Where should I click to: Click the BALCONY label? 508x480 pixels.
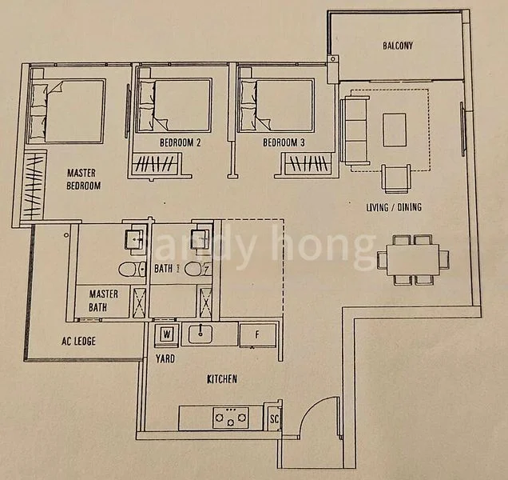click(x=397, y=46)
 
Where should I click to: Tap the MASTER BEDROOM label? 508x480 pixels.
click(x=83, y=178)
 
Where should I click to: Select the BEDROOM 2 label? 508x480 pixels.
click(x=180, y=143)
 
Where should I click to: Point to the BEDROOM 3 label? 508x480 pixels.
click(x=283, y=143)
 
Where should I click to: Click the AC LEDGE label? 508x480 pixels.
click(x=78, y=341)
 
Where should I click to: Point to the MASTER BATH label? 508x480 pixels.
click(x=104, y=300)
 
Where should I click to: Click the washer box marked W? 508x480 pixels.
click(x=168, y=334)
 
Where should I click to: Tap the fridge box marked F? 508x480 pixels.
click(x=258, y=334)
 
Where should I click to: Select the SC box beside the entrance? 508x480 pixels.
click(x=274, y=418)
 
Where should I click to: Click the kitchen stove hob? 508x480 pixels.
click(x=231, y=417)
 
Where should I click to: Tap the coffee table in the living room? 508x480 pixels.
click(x=395, y=130)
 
